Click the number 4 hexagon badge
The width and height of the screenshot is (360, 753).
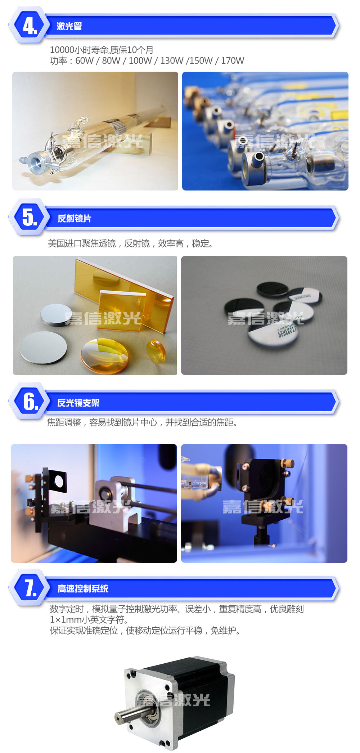(x=29, y=26)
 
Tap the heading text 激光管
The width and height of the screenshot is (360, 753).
(x=69, y=26)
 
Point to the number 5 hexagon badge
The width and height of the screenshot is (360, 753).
(x=29, y=217)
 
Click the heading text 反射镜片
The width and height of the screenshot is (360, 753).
(x=75, y=218)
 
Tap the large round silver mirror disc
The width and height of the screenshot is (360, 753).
(x=43, y=348)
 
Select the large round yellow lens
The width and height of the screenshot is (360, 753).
(x=104, y=355)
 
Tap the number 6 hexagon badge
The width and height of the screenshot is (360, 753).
(x=29, y=401)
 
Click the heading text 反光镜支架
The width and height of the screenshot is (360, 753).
(x=78, y=403)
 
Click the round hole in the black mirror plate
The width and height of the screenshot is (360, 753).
(x=59, y=480)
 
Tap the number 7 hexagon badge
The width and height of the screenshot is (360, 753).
(x=29, y=588)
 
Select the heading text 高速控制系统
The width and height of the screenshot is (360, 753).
(x=83, y=588)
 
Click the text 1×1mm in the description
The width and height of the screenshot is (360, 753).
(x=66, y=619)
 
